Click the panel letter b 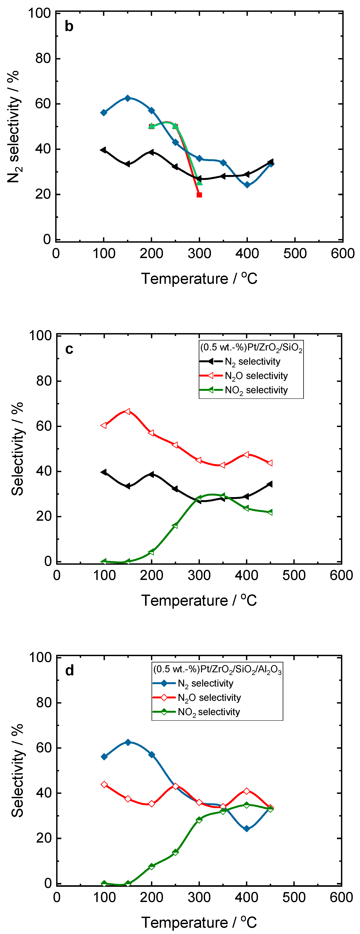coord(69,26)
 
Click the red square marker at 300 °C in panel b coord(199,195)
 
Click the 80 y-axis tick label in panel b coord(43,58)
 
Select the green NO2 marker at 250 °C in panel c coord(175,525)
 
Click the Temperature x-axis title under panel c coord(199,601)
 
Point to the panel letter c coord(69,349)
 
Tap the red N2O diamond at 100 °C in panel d coord(104,784)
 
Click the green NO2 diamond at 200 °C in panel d coord(152,866)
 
